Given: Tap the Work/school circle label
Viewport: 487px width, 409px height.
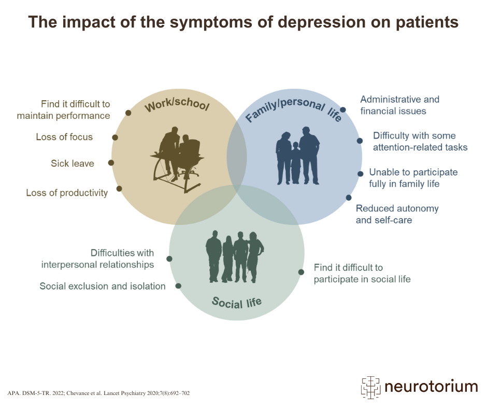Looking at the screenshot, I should click(x=177, y=105).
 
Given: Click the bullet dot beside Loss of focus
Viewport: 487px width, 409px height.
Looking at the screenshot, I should click(x=115, y=138).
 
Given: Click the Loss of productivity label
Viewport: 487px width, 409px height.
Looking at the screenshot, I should click(x=67, y=193).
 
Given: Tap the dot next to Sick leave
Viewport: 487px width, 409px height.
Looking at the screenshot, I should click(x=111, y=163).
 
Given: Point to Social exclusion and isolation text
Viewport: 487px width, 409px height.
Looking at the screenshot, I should click(x=103, y=286).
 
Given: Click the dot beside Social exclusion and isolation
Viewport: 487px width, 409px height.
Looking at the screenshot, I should click(x=178, y=285).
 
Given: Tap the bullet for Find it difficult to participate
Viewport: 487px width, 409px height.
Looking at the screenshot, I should click(x=301, y=272).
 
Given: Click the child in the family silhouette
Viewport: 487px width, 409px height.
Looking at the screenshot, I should click(x=296, y=161).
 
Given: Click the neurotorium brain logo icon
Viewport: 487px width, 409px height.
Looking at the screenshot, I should click(x=371, y=387).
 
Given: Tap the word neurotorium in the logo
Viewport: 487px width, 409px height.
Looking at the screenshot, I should click(x=431, y=387).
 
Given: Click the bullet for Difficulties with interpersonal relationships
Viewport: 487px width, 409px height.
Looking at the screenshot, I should click(x=169, y=258).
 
